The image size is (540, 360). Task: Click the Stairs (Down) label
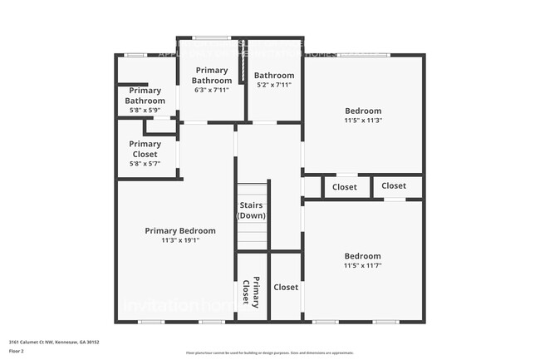tap(251, 210)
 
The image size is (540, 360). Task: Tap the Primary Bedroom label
tap(180, 230)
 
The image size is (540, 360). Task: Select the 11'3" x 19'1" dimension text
tap(180, 240)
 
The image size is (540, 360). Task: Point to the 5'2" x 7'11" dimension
tap(273, 84)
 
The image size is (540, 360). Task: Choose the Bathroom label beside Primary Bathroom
tap(273, 75)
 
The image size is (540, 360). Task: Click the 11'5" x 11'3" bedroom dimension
tap(363, 121)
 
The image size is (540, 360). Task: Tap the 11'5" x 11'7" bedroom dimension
tap(363, 265)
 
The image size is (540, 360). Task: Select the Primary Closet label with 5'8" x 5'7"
tap(145, 150)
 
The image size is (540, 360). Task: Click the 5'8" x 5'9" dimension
tap(145, 110)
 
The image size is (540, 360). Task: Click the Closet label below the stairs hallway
tap(286, 287)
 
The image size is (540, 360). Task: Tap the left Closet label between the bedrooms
tap(344, 187)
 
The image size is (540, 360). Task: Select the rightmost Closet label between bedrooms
tap(394, 185)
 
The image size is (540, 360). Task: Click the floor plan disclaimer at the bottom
tap(269, 353)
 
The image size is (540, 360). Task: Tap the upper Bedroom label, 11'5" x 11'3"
tap(363, 111)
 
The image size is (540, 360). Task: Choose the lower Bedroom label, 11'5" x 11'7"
tap(363, 255)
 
